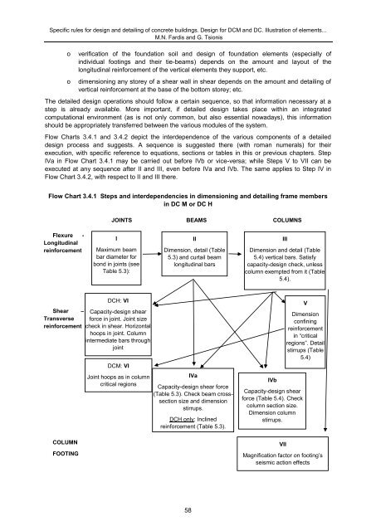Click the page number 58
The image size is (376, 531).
coord(188,510)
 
